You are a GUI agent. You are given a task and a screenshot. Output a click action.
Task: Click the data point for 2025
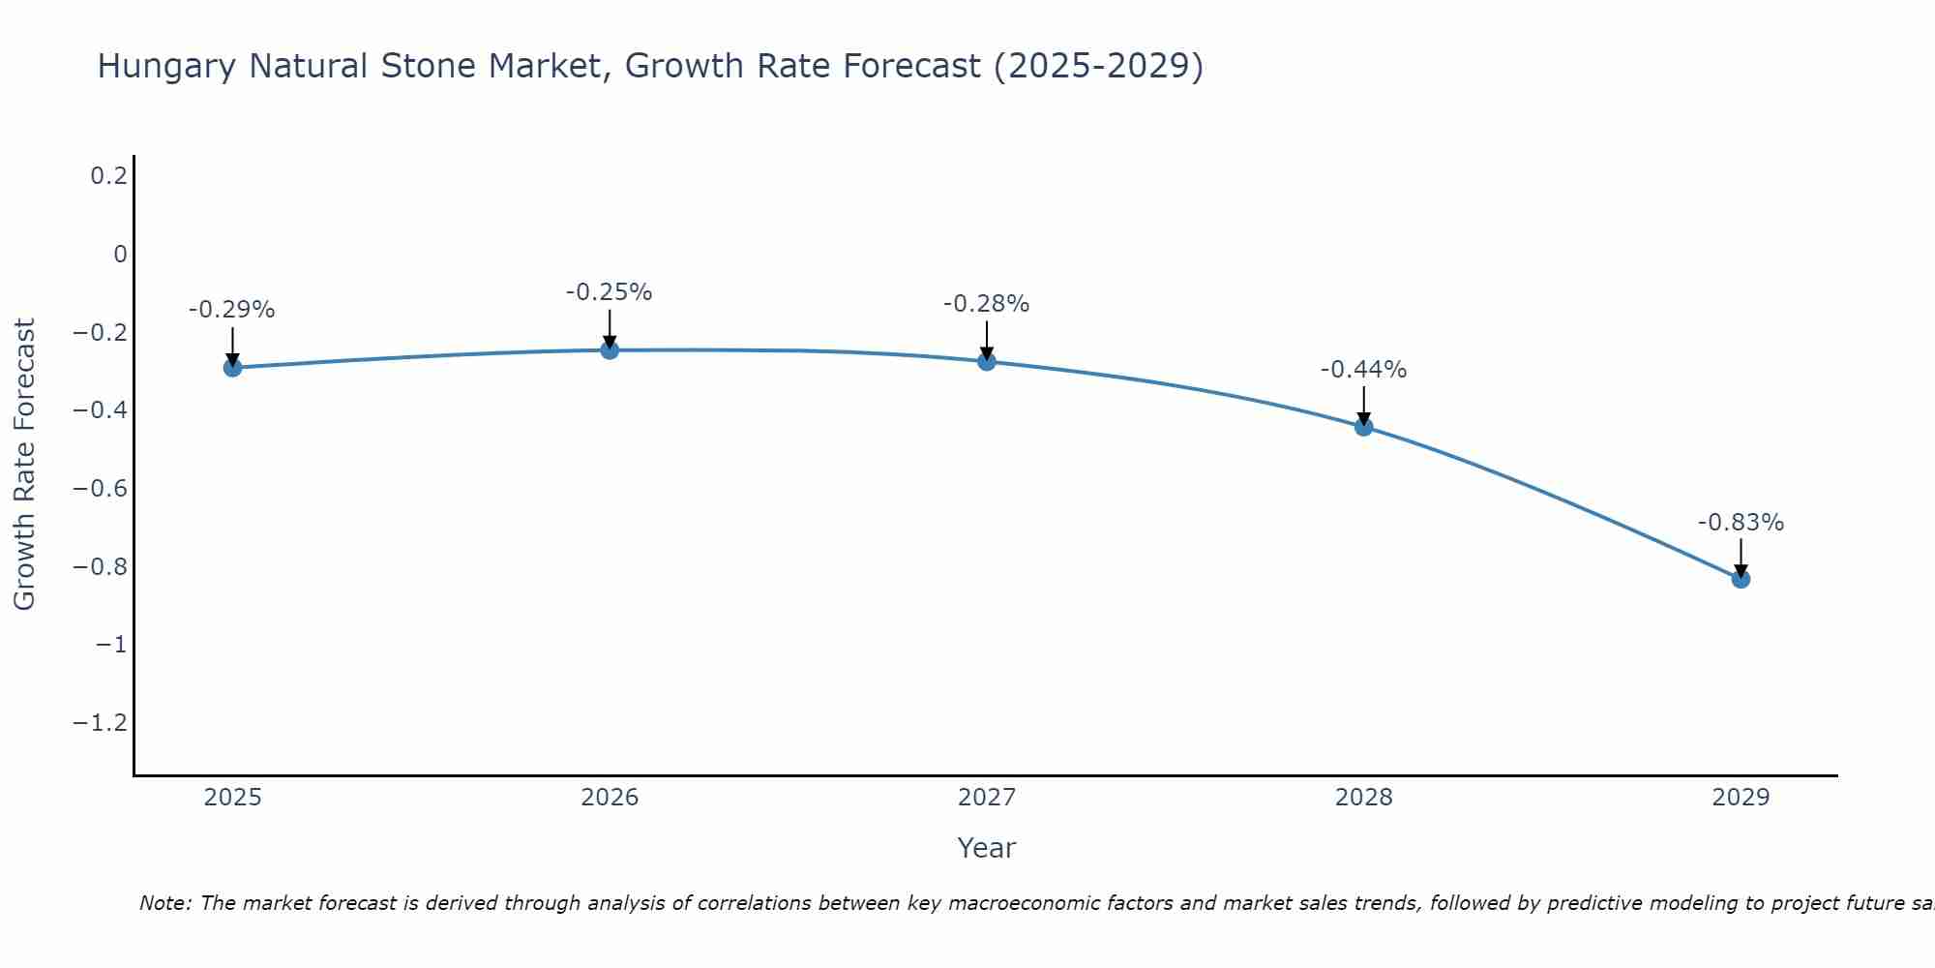(232, 367)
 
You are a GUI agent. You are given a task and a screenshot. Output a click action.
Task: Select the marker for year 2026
(610, 349)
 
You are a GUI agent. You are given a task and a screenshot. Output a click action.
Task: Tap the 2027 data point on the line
(987, 361)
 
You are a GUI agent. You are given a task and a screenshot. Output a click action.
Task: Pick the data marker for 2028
(1364, 426)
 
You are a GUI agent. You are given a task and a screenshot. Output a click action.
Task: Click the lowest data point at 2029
(1741, 579)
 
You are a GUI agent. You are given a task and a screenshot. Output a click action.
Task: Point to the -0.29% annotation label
(232, 310)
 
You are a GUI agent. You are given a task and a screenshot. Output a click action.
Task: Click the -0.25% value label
(610, 292)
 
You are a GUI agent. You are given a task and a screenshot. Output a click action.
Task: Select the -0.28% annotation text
(987, 304)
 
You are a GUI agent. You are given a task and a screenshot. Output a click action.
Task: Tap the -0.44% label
(1364, 370)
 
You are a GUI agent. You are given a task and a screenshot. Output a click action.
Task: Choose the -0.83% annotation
(1741, 523)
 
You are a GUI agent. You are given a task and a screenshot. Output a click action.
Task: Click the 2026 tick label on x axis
(610, 798)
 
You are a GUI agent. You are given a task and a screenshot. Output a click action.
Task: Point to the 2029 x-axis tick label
(1741, 798)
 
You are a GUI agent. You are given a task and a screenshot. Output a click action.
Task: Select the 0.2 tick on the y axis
(108, 176)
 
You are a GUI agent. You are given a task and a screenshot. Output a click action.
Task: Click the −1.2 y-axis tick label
(101, 723)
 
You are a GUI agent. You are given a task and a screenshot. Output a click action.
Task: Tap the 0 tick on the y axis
(120, 255)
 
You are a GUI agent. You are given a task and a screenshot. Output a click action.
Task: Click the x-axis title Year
(986, 848)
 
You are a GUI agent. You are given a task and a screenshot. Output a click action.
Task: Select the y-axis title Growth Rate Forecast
(24, 465)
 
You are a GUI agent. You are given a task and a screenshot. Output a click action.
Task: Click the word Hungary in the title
(166, 66)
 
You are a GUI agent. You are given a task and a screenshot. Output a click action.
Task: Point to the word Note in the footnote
(164, 903)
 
